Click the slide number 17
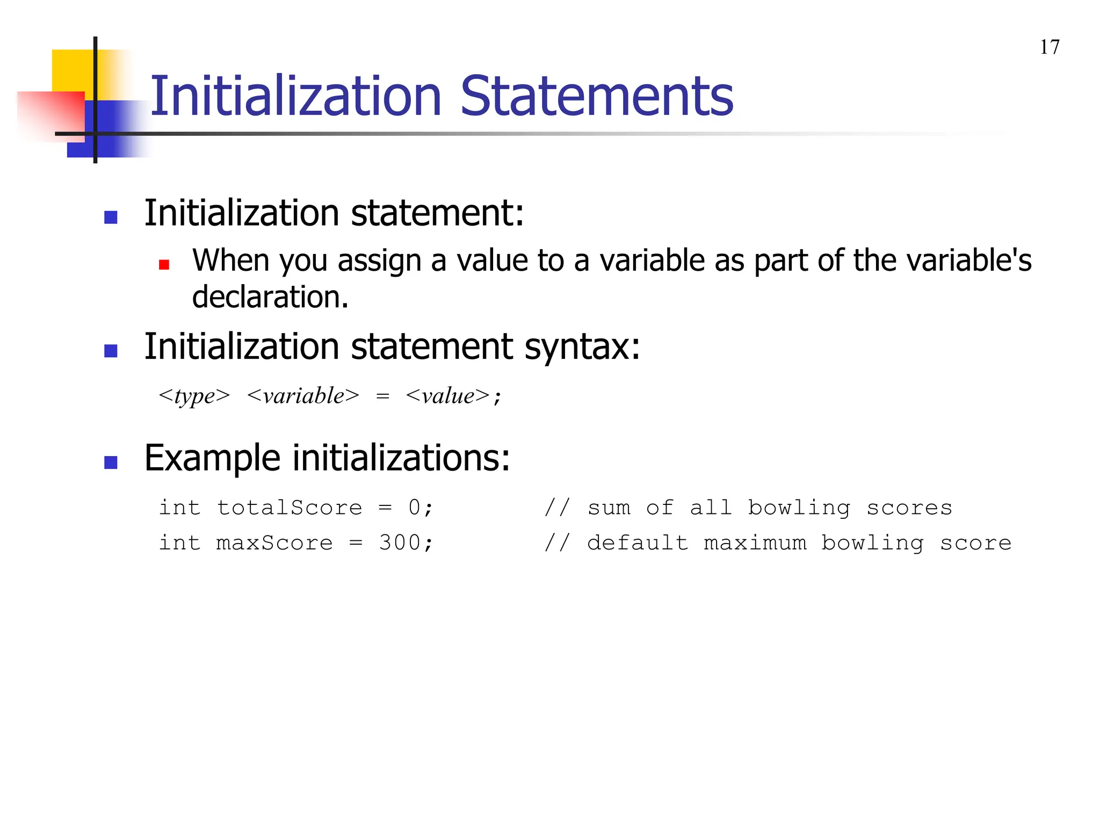pos(1050,47)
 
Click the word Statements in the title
pos(597,96)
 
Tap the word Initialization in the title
pos(296,96)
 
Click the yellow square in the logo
pos(73,70)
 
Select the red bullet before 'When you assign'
pos(164,264)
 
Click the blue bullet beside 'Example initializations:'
pos(111,462)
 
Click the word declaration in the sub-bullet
pos(270,297)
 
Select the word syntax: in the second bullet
pos(582,347)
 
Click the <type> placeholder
pos(194,396)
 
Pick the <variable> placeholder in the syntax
pos(303,396)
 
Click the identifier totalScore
pos(290,508)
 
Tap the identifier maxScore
pos(274,543)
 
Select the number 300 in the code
pos(400,543)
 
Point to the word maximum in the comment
pos(755,543)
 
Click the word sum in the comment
pos(609,508)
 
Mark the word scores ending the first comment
pos(909,508)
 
